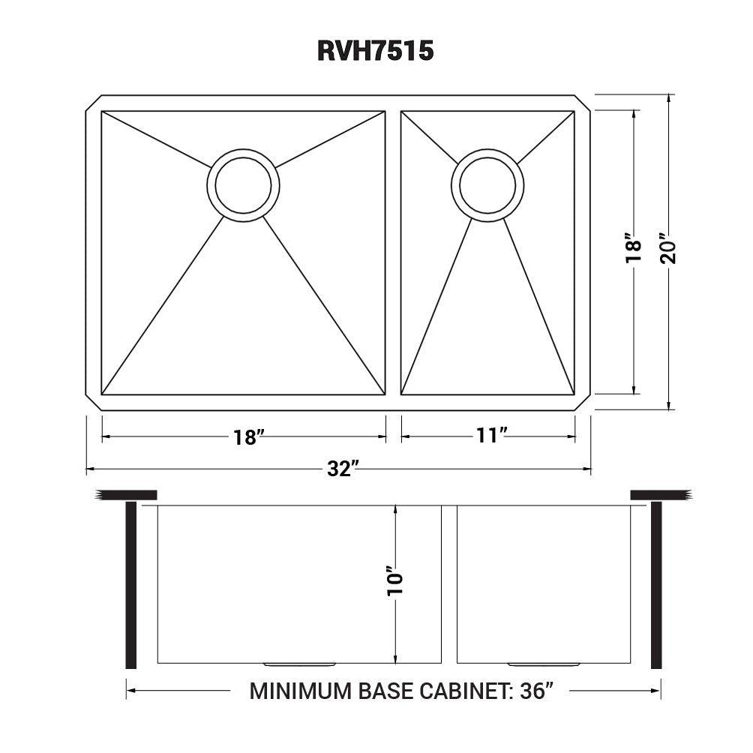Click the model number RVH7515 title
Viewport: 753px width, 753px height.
pyautogui.click(x=376, y=50)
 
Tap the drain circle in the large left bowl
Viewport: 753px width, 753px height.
pyautogui.click(x=243, y=184)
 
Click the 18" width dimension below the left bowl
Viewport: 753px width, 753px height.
pyautogui.click(x=245, y=437)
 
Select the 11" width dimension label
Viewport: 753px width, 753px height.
pyautogui.click(x=492, y=436)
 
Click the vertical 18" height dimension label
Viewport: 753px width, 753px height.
pyautogui.click(x=634, y=250)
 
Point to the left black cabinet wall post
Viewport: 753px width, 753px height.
pyautogui.click(x=131, y=585)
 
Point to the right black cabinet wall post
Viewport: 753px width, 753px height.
pyautogui.click(x=656, y=585)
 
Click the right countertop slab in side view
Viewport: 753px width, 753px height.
pyautogui.click(x=660, y=494)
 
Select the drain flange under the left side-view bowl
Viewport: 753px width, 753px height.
pyautogui.click(x=298, y=664)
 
